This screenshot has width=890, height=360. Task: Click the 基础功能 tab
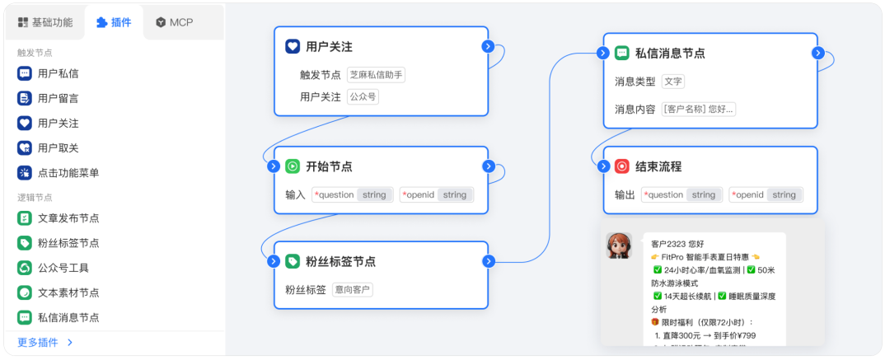coord(45,22)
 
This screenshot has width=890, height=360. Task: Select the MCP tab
coord(174,22)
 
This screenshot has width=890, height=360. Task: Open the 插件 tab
coord(114,22)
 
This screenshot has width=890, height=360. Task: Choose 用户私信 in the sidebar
coord(58,73)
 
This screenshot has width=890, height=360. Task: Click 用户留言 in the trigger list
coord(58,98)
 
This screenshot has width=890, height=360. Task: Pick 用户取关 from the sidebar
coord(58,147)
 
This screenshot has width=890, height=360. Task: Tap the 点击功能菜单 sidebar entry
coord(68,173)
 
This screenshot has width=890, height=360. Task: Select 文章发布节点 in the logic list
coord(68,218)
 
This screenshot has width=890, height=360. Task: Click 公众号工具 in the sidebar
coord(63,268)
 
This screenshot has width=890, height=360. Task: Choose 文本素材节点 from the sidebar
coord(68,292)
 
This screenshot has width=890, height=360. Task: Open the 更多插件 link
coord(45,342)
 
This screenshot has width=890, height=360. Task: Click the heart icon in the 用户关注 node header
coord(293,47)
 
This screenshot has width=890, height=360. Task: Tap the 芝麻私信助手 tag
coord(376,75)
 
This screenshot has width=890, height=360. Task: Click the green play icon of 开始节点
coord(293,166)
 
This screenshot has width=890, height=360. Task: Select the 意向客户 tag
coord(353,290)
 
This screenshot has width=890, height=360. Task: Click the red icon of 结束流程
coord(622,166)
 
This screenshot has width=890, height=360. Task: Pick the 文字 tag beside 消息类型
coord(673,82)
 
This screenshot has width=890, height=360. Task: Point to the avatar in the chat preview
coord(619,245)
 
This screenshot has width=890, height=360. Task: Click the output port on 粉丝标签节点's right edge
coord(489,261)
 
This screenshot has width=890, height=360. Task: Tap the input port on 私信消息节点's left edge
coord(603,53)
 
